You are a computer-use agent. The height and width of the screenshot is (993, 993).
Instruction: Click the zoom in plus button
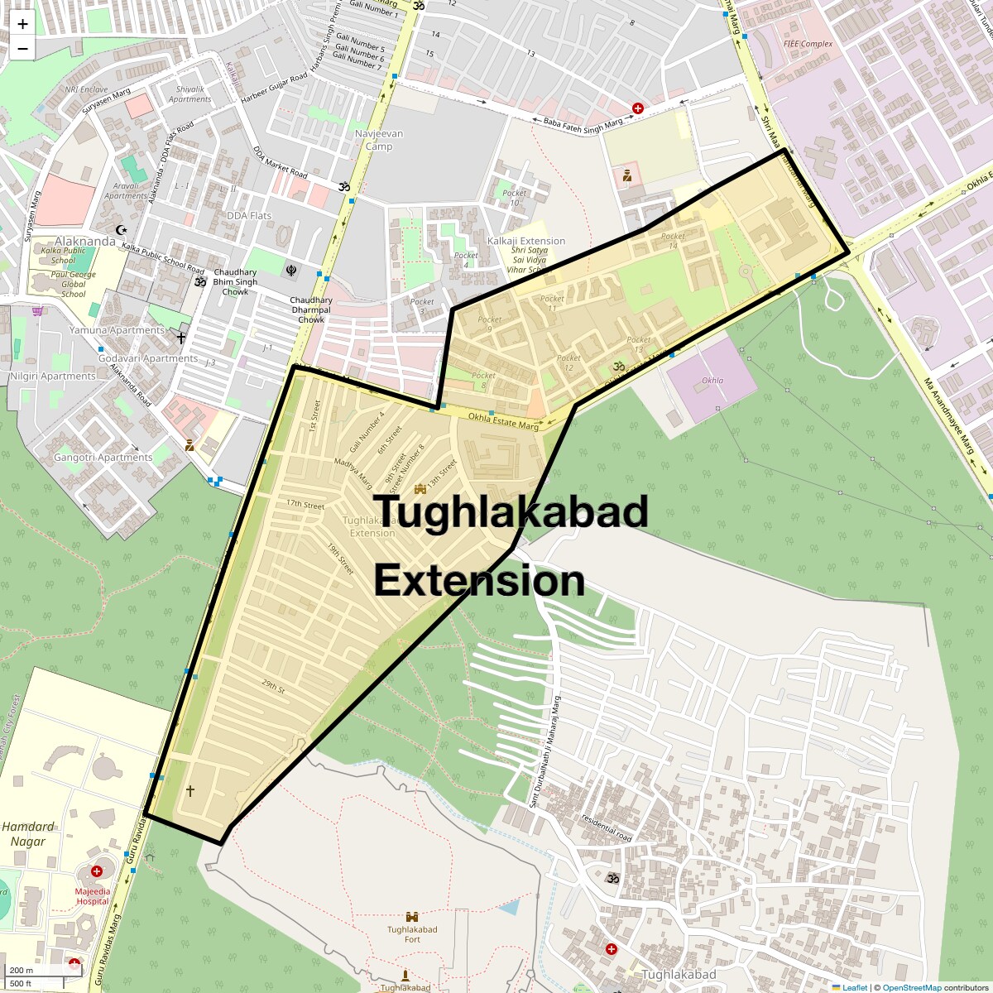tap(22, 24)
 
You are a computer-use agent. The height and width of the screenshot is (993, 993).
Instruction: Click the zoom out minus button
tap(22, 49)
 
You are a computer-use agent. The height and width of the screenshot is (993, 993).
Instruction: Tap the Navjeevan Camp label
tap(379, 140)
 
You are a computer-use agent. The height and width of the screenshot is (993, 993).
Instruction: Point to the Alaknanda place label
tap(85, 242)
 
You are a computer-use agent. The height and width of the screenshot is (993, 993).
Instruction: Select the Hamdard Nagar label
tap(28, 834)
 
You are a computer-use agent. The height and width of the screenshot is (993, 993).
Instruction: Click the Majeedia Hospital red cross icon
tap(97, 871)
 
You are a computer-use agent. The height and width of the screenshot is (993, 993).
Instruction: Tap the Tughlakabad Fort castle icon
tap(412, 917)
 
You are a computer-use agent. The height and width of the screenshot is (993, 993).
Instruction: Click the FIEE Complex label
tap(808, 44)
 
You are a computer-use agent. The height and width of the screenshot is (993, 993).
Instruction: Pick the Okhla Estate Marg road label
tap(503, 421)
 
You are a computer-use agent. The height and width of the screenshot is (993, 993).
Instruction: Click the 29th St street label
tap(273, 686)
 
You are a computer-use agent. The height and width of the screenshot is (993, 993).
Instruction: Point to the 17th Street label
tap(305, 504)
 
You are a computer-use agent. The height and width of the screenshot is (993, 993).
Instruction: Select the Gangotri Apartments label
tap(103, 458)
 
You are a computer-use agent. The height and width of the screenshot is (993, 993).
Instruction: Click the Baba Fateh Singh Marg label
tap(583, 123)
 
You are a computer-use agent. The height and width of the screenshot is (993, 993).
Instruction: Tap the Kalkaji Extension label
tap(526, 241)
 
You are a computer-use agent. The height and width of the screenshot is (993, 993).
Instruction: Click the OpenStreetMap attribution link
tap(912, 987)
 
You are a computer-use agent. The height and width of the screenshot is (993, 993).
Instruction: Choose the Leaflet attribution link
tap(855, 987)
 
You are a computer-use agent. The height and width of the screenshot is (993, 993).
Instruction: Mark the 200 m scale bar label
tap(22, 971)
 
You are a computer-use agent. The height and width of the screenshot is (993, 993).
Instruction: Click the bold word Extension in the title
tap(479, 581)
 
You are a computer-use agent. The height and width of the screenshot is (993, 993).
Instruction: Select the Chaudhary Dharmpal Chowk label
tap(311, 310)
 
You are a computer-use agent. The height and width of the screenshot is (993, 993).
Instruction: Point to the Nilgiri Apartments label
tap(53, 377)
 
